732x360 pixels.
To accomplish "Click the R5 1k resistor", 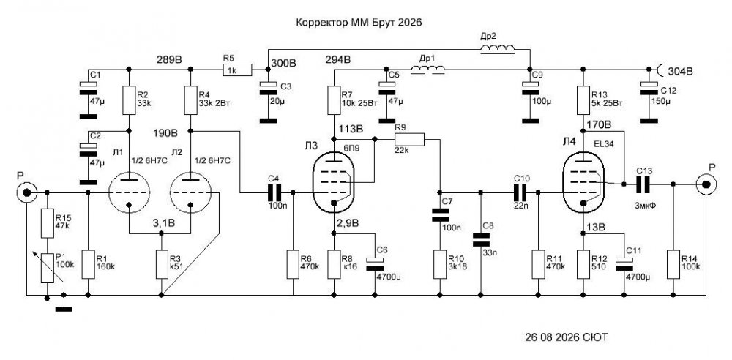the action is (238, 70).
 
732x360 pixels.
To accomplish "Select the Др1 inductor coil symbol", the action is (427, 70).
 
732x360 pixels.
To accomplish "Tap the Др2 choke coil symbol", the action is (497, 49).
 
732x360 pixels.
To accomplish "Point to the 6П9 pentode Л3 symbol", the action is (333, 181).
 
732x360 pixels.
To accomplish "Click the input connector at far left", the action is (26, 192).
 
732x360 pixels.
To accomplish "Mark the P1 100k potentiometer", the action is (47, 268).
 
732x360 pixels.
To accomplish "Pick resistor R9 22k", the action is (409, 139).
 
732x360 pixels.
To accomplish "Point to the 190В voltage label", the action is (165, 132).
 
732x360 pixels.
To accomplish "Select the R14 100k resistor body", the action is (673, 264).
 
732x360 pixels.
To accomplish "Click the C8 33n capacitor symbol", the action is (481, 240).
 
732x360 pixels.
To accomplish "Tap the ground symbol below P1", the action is (64, 308).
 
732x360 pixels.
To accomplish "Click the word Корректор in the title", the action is (321, 23).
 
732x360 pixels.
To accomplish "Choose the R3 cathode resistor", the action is (161, 265).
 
